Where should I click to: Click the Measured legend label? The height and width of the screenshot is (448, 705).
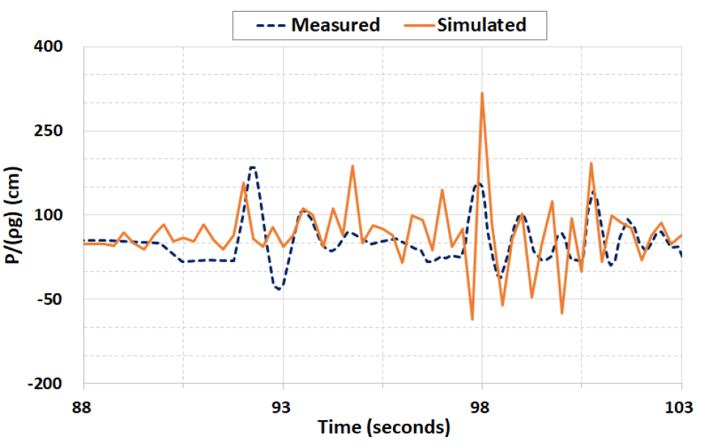(335, 25)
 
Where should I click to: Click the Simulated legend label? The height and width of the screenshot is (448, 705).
(481, 25)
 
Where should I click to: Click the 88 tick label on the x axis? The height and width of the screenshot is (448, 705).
(83, 405)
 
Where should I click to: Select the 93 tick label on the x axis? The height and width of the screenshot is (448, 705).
(283, 405)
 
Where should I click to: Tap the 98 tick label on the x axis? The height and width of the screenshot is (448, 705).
(482, 405)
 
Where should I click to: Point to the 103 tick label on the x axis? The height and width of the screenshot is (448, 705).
(681, 405)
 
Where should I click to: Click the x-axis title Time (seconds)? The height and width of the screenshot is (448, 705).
(383, 427)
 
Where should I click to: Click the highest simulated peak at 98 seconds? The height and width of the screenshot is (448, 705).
(482, 93)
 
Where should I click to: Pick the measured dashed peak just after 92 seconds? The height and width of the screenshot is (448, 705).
(253, 167)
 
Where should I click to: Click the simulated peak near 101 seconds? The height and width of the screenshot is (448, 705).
(591, 163)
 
